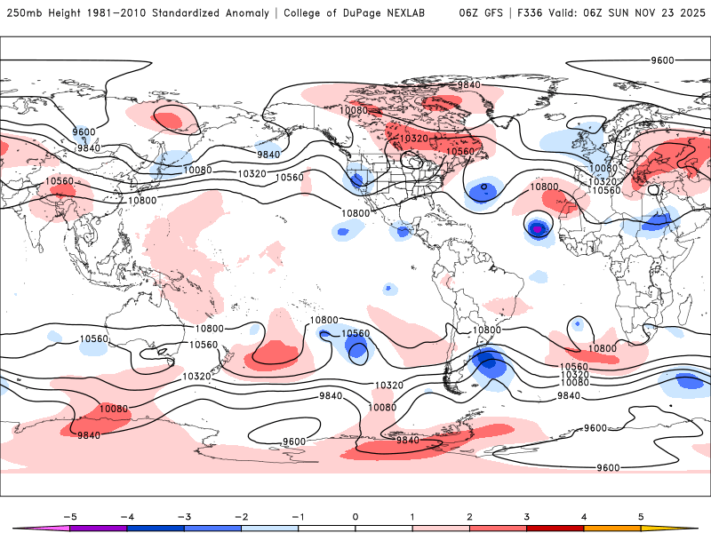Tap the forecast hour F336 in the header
point(531,13)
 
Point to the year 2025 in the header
point(689,13)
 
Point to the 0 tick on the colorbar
point(355,516)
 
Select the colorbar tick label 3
point(527,516)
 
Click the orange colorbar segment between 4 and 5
point(612,529)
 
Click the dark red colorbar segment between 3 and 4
point(555,529)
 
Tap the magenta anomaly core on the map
point(537,228)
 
